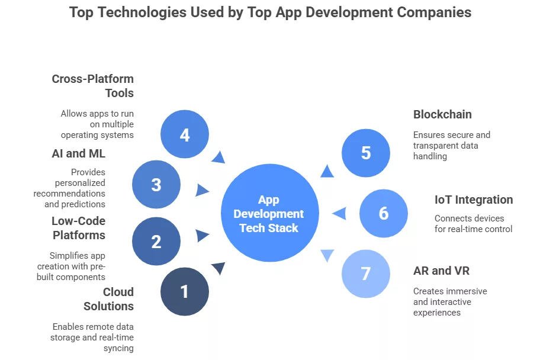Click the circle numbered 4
(185, 135)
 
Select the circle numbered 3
(156, 184)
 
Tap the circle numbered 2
(156, 242)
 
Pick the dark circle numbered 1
(185, 291)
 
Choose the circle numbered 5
(366, 153)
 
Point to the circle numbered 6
(384, 213)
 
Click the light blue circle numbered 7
(366, 273)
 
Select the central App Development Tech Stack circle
(269, 214)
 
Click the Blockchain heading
(442, 114)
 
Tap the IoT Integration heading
(474, 200)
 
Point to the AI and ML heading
(79, 154)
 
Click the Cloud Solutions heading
(110, 299)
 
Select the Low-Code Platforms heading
(79, 228)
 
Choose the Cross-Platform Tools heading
(93, 86)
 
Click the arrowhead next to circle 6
(339, 213)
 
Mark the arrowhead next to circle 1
(218, 268)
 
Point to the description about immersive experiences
(450, 301)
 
